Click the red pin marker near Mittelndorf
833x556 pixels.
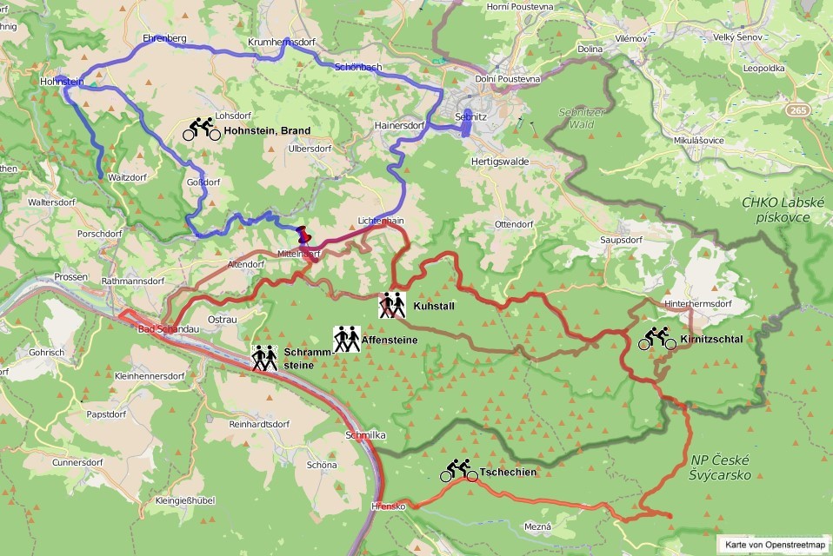303,235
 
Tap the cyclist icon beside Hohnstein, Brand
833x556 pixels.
201,129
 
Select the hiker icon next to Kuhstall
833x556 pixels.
392,305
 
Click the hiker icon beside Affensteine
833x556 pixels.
346,339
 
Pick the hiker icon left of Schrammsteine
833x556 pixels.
264,358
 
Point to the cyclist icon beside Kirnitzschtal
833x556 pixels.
657,338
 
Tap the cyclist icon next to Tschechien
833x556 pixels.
458,471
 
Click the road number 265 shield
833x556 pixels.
797,110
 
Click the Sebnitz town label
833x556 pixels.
471,116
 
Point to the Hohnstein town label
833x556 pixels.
62,83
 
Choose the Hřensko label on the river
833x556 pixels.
388,506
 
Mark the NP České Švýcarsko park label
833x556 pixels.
720,467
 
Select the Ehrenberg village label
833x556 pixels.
164,39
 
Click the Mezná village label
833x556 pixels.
538,526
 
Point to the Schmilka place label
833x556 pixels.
364,434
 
